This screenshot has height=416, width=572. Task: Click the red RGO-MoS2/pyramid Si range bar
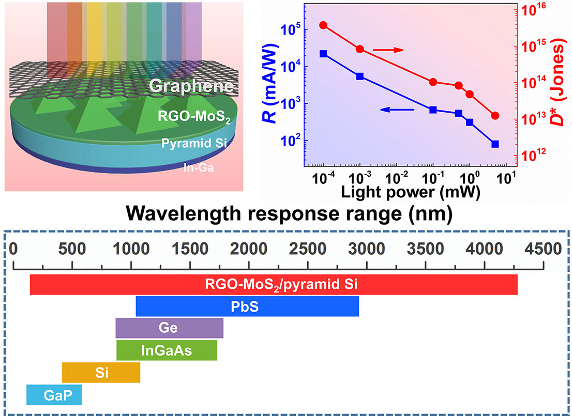(x=274, y=284)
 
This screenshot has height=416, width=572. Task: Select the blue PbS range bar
(x=247, y=306)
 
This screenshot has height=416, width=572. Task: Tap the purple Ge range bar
(x=169, y=328)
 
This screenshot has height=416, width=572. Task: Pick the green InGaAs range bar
(x=167, y=350)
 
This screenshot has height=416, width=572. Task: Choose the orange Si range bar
(x=101, y=372)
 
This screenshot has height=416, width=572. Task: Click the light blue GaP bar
(x=54, y=395)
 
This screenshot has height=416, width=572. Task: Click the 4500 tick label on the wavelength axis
(x=543, y=249)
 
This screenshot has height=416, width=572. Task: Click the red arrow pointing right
(x=388, y=50)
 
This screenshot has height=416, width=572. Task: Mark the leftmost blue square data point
(x=323, y=54)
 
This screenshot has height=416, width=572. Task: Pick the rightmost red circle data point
(x=495, y=115)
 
